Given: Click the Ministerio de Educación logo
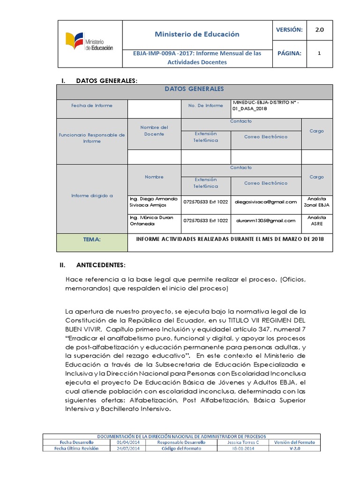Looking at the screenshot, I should (89, 44).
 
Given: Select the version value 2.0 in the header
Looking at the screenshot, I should (319, 30).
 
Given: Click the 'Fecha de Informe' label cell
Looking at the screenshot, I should (92, 106).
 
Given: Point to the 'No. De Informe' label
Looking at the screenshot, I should (206, 106).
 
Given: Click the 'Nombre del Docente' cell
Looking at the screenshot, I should (154, 131).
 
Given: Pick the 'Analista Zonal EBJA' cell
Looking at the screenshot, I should (316, 202).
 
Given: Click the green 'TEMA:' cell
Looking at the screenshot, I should (92, 240).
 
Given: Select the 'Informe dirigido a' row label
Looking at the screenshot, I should (92, 195).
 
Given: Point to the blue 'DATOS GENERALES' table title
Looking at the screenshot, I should (194, 89).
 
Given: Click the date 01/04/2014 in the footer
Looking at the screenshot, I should (125, 442).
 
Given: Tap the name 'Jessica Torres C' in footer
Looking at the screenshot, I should (243, 442).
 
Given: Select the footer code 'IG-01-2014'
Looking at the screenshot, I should (243, 449).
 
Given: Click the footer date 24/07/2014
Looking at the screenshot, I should (125, 449).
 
